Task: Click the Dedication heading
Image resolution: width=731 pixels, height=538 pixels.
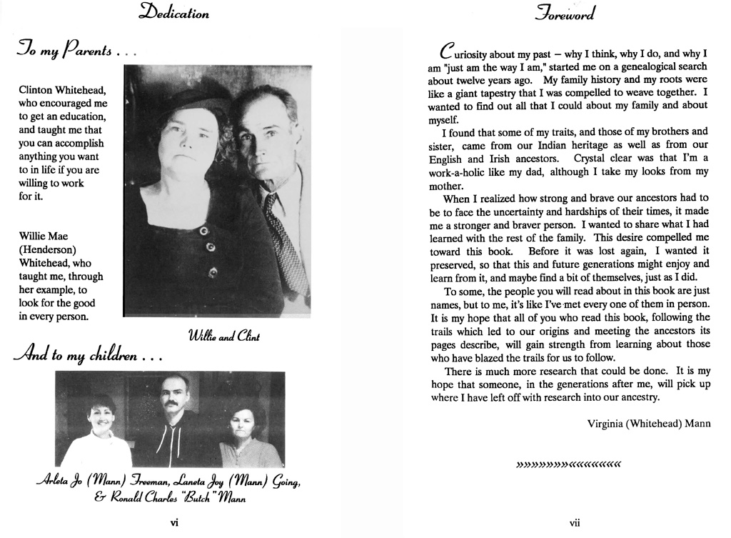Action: [x=175, y=13]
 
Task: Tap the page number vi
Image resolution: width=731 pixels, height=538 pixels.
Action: [x=174, y=523]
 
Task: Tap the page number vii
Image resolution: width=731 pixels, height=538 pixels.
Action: [x=575, y=523]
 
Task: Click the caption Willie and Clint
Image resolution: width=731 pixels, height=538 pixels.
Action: [x=223, y=336]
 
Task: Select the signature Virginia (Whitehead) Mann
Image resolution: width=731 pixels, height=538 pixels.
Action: [x=648, y=424]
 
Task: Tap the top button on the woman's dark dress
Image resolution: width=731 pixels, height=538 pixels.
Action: [x=203, y=231]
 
